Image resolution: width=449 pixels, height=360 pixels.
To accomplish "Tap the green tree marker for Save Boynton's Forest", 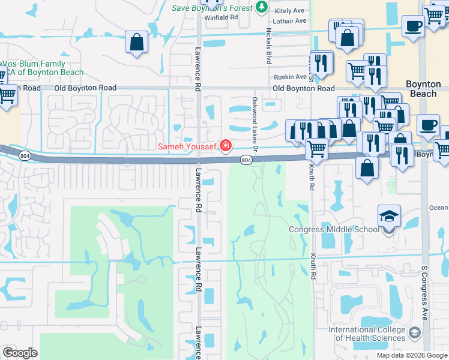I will point(261,7).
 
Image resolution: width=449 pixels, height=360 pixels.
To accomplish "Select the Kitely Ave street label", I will point(290,11).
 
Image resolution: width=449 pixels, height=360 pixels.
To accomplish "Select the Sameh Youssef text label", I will point(188,146).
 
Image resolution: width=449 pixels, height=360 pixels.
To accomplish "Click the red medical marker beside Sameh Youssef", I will point(226,145).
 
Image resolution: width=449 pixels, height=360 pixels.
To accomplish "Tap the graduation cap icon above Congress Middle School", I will point(389,215).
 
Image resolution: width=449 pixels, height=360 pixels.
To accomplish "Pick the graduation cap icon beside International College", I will point(414,332).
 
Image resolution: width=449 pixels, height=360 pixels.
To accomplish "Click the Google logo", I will point(20,353).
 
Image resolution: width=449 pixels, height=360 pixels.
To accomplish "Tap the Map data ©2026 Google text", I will point(412,355).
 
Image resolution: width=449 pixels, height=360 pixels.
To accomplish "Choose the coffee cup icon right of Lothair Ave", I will point(413,26).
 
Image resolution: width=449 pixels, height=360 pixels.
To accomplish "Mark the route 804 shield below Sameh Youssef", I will point(246,160).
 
